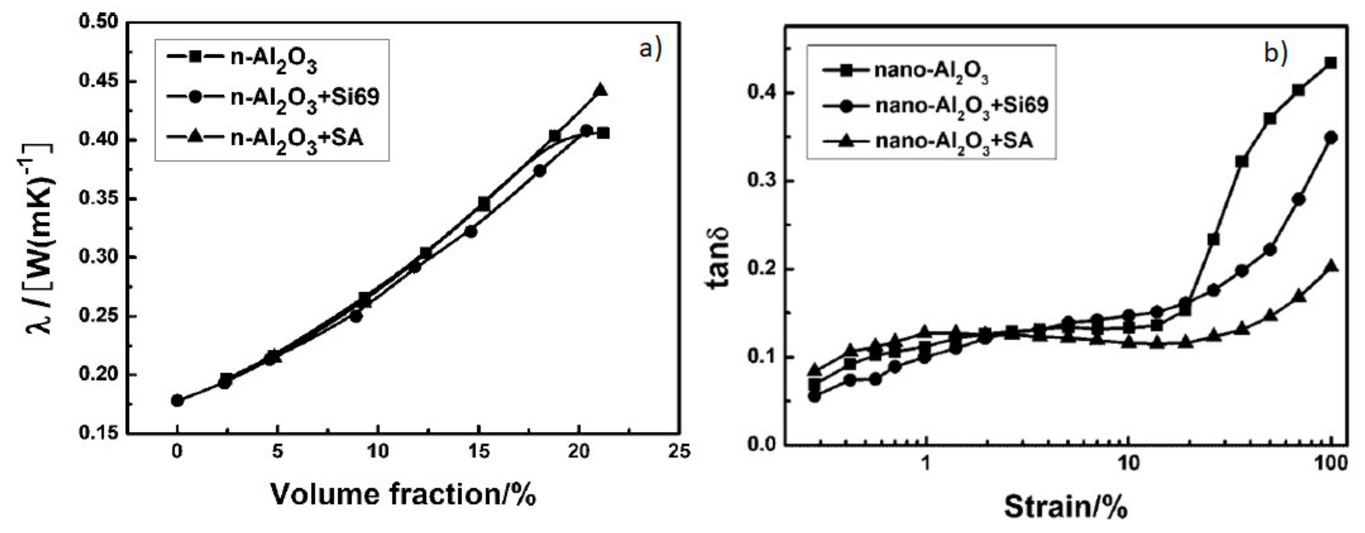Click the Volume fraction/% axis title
(x=403, y=495)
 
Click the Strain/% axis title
(x=1066, y=507)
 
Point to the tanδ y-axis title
(x=719, y=258)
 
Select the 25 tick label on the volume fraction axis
(x=679, y=451)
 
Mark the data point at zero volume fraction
(x=178, y=400)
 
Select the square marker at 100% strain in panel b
(x=1331, y=63)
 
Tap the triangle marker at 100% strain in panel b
(x=1331, y=266)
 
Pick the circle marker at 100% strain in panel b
(x=1331, y=138)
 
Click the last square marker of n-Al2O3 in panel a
(x=603, y=133)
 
